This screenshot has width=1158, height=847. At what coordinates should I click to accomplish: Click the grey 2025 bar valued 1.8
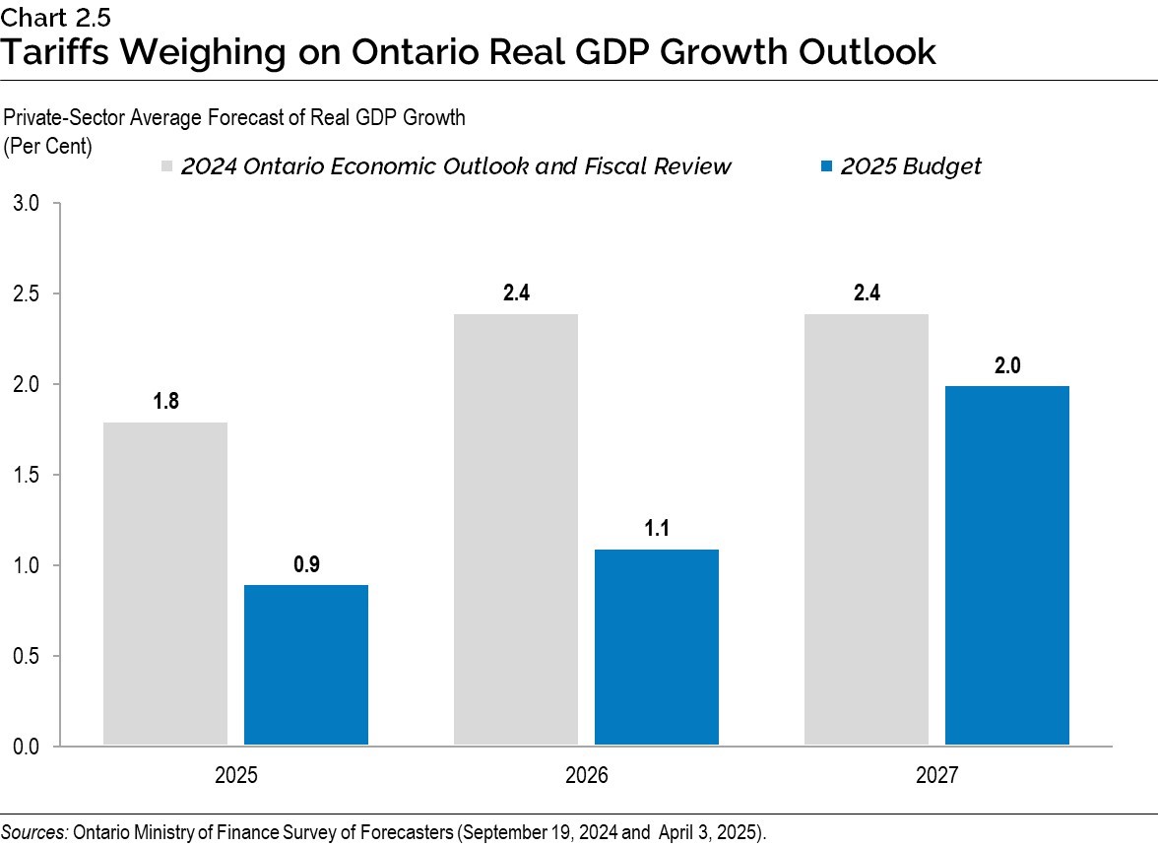pyautogui.click(x=164, y=583)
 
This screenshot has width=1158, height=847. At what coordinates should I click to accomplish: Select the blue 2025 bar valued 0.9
pyautogui.click(x=305, y=665)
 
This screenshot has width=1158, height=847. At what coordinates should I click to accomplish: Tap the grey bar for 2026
pyautogui.click(x=515, y=529)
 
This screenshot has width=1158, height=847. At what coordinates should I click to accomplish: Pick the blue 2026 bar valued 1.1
pyautogui.click(x=656, y=646)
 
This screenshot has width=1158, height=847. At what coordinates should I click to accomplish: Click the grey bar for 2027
pyautogui.click(x=866, y=529)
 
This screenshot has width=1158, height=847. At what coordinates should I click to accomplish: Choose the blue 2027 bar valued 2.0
pyautogui.click(x=1006, y=565)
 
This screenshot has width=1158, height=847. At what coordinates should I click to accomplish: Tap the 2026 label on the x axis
pyautogui.click(x=586, y=776)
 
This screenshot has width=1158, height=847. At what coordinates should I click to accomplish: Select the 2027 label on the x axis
pyautogui.click(x=936, y=776)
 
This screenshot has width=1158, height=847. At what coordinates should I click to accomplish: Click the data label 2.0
pyautogui.click(x=1006, y=365)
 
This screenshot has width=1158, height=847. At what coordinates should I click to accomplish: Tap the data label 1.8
pyautogui.click(x=164, y=402)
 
